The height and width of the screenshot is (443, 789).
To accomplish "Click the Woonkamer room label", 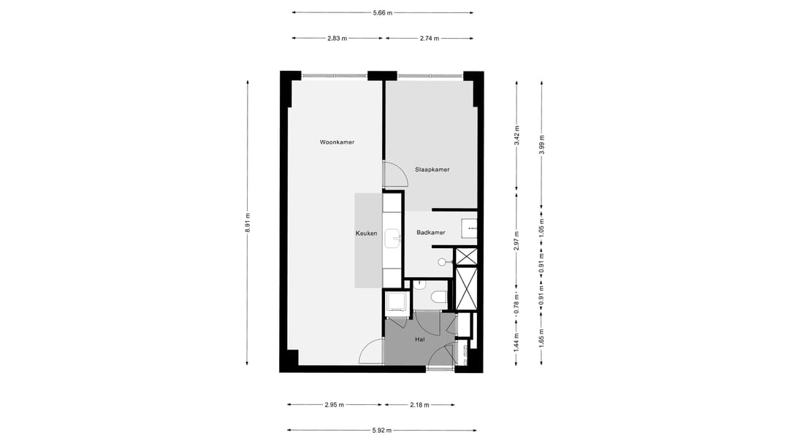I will click(x=337, y=142).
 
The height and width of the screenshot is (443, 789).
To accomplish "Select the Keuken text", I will click(x=366, y=234).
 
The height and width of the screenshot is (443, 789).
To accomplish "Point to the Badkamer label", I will click(x=430, y=233).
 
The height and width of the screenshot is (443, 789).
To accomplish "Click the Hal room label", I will click(x=419, y=339).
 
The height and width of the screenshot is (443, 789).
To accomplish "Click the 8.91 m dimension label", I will click(x=248, y=220).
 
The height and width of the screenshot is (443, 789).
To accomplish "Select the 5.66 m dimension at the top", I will click(x=382, y=12).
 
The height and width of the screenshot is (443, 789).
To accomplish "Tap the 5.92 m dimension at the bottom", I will click(x=382, y=430).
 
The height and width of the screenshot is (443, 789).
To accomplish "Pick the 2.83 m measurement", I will click(x=338, y=38).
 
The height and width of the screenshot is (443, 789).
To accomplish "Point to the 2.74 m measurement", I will click(x=430, y=38).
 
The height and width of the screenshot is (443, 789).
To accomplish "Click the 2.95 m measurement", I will click(x=334, y=404).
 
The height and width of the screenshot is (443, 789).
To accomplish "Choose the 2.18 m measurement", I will click(x=419, y=404).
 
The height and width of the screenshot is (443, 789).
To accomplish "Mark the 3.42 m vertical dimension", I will click(x=517, y=137).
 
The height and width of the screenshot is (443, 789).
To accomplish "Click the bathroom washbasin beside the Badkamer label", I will click(x=469, y=228).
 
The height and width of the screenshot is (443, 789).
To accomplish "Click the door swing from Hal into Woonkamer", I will click(x=372, y=352).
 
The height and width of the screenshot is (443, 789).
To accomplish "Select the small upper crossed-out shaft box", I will click(x=465, y=256).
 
